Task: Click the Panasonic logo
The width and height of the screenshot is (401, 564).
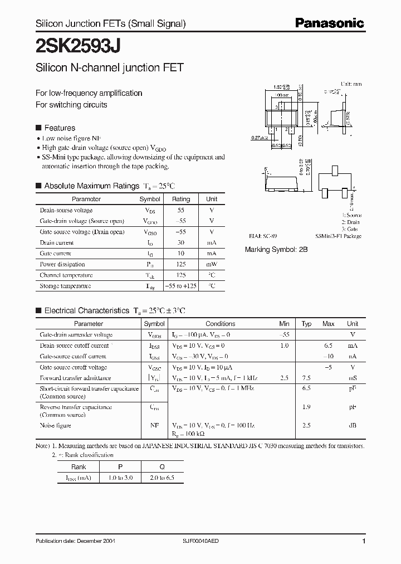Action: point(329,23)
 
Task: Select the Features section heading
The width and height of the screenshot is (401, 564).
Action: point(59,128)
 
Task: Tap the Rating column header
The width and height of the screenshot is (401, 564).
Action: point(181,199)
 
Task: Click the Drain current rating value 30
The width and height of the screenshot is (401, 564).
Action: point(181,242)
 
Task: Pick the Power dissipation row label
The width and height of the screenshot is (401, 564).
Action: point(62,264)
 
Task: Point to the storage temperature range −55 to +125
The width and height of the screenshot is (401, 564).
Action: point(181,286)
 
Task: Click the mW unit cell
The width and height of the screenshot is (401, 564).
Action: point(212,264)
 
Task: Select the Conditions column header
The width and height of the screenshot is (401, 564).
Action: point(220,324)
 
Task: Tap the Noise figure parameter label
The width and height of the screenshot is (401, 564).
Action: point(56,425)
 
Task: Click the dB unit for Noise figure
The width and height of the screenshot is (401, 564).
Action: point(353,425)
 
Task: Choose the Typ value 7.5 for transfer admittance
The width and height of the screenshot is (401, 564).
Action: point(306,378)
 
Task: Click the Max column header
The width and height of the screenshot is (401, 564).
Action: point(329,324)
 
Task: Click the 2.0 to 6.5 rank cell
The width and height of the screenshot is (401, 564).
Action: point(162,478)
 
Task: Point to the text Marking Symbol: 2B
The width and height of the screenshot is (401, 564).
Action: point(276,250)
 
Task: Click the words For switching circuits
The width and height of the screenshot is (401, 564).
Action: point(71,105)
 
